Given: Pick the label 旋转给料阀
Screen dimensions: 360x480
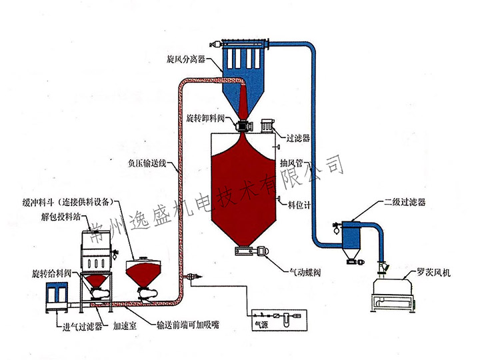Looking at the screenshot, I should pos(53,274).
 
